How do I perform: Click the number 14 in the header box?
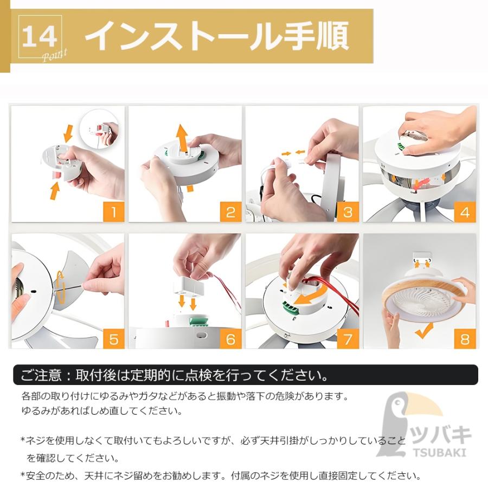click(40, 36)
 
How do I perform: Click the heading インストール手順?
click(217, 36)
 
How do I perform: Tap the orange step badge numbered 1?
click(114, 212)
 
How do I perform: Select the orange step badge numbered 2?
click(230, 212)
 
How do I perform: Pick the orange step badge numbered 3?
click(348, 212)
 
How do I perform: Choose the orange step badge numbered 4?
click(465, 212)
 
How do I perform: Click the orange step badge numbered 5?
click(114, 338)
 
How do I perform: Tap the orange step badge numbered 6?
click(230, 338)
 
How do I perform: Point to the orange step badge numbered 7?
click(348, 338)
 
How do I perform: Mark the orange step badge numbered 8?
click(465, 338)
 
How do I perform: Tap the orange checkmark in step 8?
click(424, 331)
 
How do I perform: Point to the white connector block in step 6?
click(188, 287)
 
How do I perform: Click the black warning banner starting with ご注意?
click(245, 375)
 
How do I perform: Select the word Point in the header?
click(54, 55)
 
